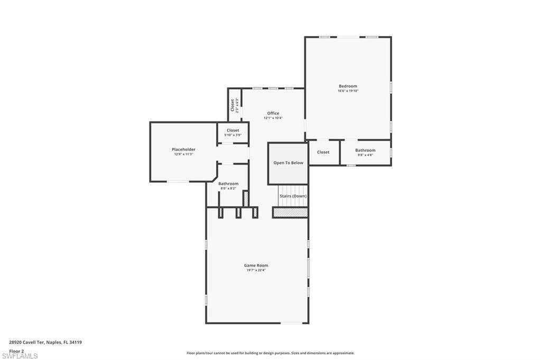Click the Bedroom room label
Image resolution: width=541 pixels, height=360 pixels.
tap(348, 86)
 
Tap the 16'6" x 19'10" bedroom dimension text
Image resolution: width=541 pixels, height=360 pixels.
tap(348, 91)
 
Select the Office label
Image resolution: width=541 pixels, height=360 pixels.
tap(273, 113)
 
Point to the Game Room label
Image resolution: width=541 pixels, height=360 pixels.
tap(256, 266)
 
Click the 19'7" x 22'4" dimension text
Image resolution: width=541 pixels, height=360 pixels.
tap(256, 270)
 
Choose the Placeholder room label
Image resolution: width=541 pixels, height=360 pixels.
tap(183, 149)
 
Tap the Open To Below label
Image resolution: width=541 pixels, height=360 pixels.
tap(288, 163)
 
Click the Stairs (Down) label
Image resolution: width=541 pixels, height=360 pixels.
tap(293, 196)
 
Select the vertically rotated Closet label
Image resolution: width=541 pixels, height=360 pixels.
tap(232, 105)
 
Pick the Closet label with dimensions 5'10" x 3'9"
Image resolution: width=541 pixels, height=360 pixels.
tap(232, 130)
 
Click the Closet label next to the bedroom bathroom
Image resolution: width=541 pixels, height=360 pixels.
tap(323, 152)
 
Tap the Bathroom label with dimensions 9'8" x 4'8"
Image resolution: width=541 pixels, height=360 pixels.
tap(365, 150)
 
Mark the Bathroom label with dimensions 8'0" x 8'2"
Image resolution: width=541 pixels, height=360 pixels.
tap(228, 184)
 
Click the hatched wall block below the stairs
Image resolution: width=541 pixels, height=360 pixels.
tap(290, 212)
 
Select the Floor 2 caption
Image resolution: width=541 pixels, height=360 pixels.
tap(16, 350)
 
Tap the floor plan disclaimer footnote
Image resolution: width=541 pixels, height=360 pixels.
tap(270, 353)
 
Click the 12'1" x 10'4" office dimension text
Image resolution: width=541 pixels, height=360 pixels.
tap(273, 118)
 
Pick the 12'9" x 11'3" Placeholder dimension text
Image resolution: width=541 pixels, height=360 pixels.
tap(183, 154)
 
